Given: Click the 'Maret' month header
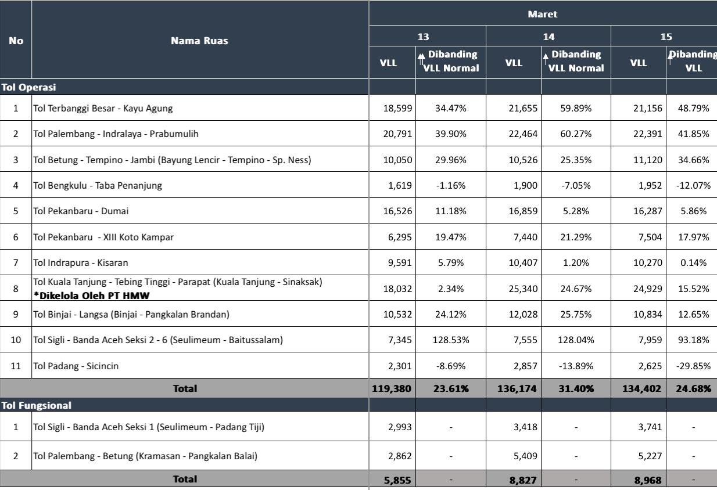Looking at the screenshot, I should pos(542,14).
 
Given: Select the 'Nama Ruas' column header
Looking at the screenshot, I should pos(199,41).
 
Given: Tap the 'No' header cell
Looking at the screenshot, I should pos(16,41).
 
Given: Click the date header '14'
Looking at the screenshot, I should pos(548,37).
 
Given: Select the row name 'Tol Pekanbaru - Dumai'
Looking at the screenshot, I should pos(81,211).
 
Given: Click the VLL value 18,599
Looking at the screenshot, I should pos(397,108).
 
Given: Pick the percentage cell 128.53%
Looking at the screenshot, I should pos(451,340).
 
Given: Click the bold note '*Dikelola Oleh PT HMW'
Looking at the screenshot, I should pos(92,295).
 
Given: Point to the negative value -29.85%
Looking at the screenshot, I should pos(693,366).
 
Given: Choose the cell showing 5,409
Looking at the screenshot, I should pos(525,456).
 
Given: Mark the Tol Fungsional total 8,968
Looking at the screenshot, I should pos(648,480).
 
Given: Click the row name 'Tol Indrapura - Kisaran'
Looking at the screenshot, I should pos(81,263).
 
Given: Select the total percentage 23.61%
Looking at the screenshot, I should pos(450,388).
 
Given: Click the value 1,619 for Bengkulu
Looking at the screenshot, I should pos(400,186).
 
